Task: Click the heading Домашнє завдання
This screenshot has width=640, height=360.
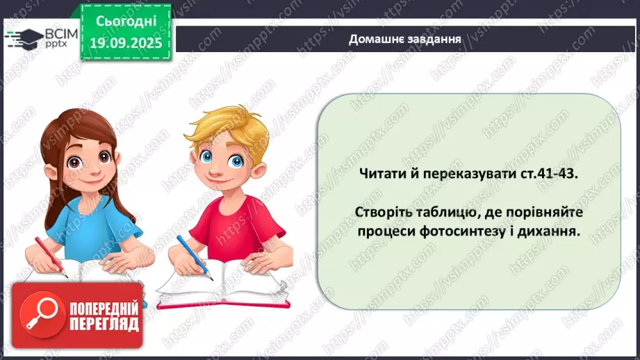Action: pos(405,40)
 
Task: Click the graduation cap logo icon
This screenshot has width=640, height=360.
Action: pos(26,38)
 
